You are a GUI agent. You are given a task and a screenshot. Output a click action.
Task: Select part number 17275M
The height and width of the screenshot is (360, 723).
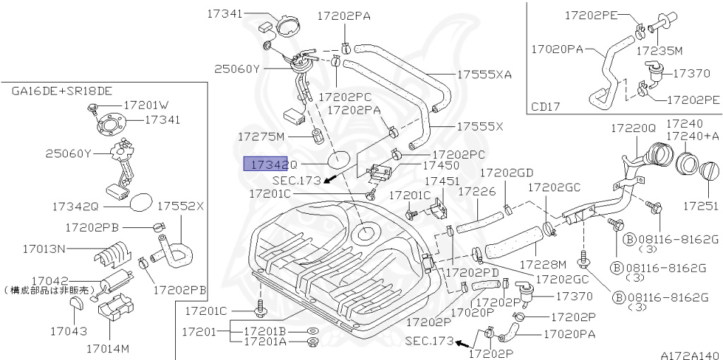click(x=261, y=136)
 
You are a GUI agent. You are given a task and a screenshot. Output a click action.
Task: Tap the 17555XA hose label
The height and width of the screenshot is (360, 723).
click(x=484, y=74)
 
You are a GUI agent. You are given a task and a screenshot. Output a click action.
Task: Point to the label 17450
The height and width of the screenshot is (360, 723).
click(x=441, y=164)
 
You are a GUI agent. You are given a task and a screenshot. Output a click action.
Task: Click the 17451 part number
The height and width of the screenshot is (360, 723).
click(x=441, y=181)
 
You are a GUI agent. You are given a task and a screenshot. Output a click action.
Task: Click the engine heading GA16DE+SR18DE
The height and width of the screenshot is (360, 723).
click(x=61, y=91)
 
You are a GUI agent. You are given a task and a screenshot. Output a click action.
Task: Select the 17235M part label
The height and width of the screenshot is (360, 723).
click(x=659, y=51)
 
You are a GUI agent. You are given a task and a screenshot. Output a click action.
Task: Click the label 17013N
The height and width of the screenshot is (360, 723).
click(x=44, y=248)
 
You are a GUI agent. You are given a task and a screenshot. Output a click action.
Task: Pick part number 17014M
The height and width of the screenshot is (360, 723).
click(x=108, y=349)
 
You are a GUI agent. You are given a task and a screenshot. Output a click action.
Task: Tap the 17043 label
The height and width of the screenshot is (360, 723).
click(x=68, y=330)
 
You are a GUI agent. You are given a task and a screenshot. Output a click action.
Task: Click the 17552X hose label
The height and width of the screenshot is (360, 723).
click(x=180, y=206)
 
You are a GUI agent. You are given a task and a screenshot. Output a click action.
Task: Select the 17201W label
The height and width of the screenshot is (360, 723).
click(x=146, y=104)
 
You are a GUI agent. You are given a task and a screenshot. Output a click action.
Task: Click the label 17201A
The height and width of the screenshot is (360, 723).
click(x=265, y=342)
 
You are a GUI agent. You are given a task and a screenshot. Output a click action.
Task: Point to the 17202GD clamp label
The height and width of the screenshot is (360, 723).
click(x=506, y=172)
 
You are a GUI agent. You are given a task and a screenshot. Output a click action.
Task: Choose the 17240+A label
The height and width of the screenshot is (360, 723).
click(x=693, y=136)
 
